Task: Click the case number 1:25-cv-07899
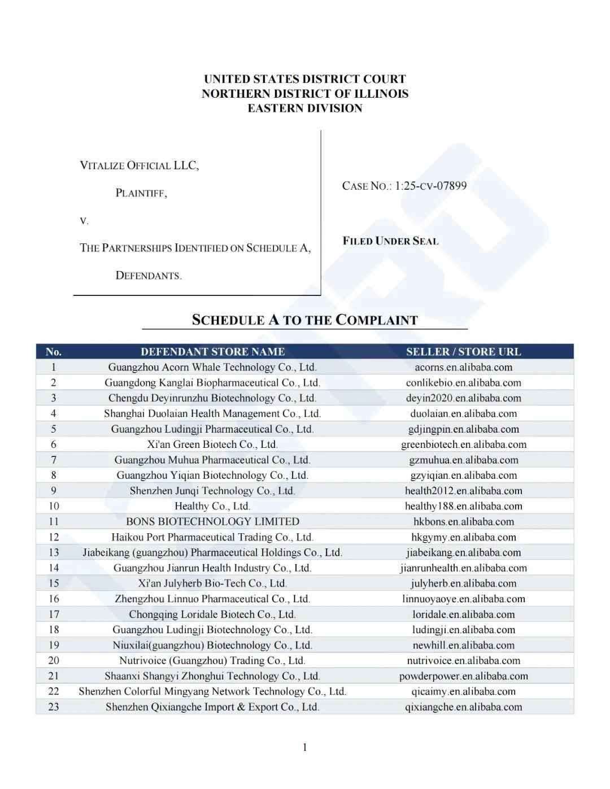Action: (430, 186)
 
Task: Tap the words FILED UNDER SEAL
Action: (390, 241)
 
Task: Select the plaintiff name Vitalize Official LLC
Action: (140, 165)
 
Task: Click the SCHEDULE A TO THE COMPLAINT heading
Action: (304, 320)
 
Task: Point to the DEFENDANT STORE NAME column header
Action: (212, 352)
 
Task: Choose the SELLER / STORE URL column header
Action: (463, 352)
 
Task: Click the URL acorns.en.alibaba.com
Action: (463, 367)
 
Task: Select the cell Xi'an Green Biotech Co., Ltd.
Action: (212, 444)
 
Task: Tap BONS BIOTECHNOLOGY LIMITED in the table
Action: (212, 521)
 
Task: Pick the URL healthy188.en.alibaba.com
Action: (463, 506)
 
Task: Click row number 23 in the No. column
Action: (54, 707)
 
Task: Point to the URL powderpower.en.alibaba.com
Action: (463, 676)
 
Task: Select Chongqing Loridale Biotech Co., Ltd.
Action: (212, 614)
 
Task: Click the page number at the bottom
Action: (305, 748)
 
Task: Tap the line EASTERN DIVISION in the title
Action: (305, 108)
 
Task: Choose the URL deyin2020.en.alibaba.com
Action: (463, 398)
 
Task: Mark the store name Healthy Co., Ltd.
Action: (212, 506)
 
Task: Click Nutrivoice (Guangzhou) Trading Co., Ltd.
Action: (212, 660)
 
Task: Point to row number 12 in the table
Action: (54, 537)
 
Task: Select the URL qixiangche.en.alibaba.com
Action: (463, 707)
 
